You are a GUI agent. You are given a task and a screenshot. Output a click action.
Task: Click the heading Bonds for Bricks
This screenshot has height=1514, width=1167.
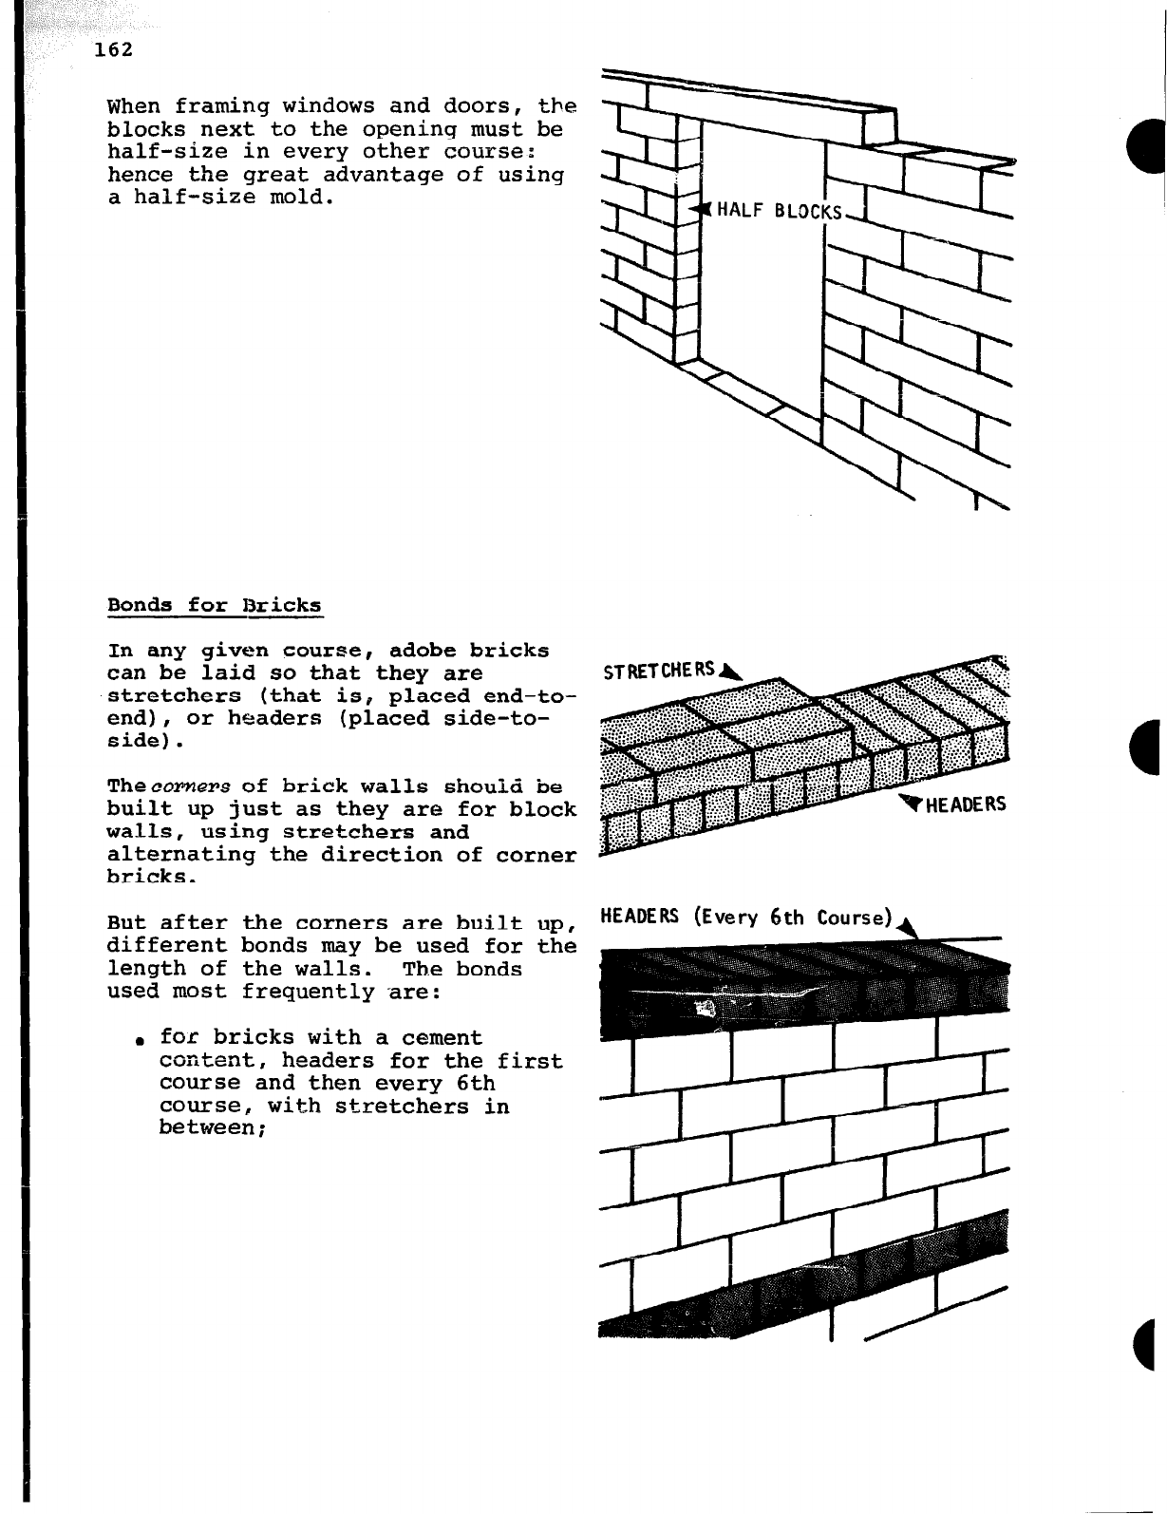pyautogui.click(x=215, y=605)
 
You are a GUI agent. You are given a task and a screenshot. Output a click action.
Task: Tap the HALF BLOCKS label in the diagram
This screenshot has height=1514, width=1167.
pyautogui.click(x=780, y=210)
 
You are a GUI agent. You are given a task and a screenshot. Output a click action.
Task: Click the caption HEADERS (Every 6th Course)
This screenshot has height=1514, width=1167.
pyautogui.click(x=747, y=917)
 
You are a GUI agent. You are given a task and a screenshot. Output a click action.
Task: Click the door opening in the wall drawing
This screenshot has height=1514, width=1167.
pyautogui.click(x=760, y=304)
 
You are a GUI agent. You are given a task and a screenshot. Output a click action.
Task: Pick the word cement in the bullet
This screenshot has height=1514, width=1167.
pyautogui.click(x=442, y=1037)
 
